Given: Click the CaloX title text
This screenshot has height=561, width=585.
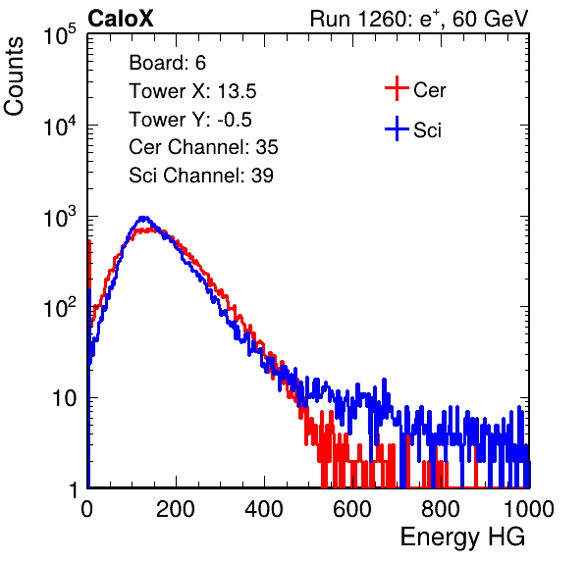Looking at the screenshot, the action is pos(121,19).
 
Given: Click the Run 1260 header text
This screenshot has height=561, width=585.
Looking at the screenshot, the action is pos(419,19).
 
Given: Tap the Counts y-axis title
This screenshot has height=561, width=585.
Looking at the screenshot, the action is pos(14,76).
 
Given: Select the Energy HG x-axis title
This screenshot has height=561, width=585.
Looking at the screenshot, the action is pos(462,537).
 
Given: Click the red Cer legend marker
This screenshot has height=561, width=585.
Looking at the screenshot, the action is pos(397,88).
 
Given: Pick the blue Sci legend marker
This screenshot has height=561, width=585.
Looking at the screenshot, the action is pos(397,129).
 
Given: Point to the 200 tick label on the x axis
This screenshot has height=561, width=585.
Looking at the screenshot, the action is pos(176,509).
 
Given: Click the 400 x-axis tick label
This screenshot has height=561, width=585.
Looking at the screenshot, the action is pos(264,509).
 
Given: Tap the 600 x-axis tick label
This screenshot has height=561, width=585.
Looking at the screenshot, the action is pos(352,509).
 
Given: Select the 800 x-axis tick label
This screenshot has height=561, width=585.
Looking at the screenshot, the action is pos(441,509).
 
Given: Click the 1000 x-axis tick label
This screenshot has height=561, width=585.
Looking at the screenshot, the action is pos(529,509).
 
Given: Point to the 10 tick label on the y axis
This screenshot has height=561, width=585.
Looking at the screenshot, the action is pos(64,398).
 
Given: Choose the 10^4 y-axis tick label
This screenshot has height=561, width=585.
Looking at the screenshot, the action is pos(60,126).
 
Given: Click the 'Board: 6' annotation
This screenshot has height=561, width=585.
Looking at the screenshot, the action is pos(167,63).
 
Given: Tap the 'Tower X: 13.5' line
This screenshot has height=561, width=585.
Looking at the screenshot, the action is pos(192,91).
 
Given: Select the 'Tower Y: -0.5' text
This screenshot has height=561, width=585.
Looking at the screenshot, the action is pos(190,120).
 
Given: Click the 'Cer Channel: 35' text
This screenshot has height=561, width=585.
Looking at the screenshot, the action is pos(203,147).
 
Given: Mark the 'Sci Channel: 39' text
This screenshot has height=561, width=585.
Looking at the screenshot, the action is pos(201,176).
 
